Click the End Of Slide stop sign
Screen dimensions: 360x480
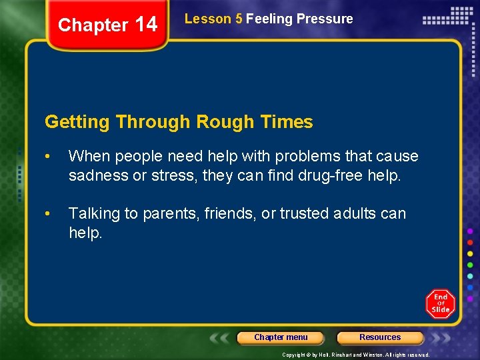point(440,304)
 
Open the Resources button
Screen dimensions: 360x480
point(380,337)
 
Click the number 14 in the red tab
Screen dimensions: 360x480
point(146,25)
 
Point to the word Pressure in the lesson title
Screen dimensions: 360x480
point(327,19)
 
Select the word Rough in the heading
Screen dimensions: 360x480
point(225,122)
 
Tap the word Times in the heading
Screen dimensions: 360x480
point(287,122)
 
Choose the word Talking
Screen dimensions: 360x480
point(93,213)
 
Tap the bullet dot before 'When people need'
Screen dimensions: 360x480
point(48,157)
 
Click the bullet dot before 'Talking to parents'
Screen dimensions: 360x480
point(48,214)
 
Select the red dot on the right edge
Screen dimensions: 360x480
point(470,242)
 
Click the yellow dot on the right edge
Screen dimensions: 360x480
point(470,253)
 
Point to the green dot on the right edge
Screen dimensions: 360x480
point(470,265)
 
